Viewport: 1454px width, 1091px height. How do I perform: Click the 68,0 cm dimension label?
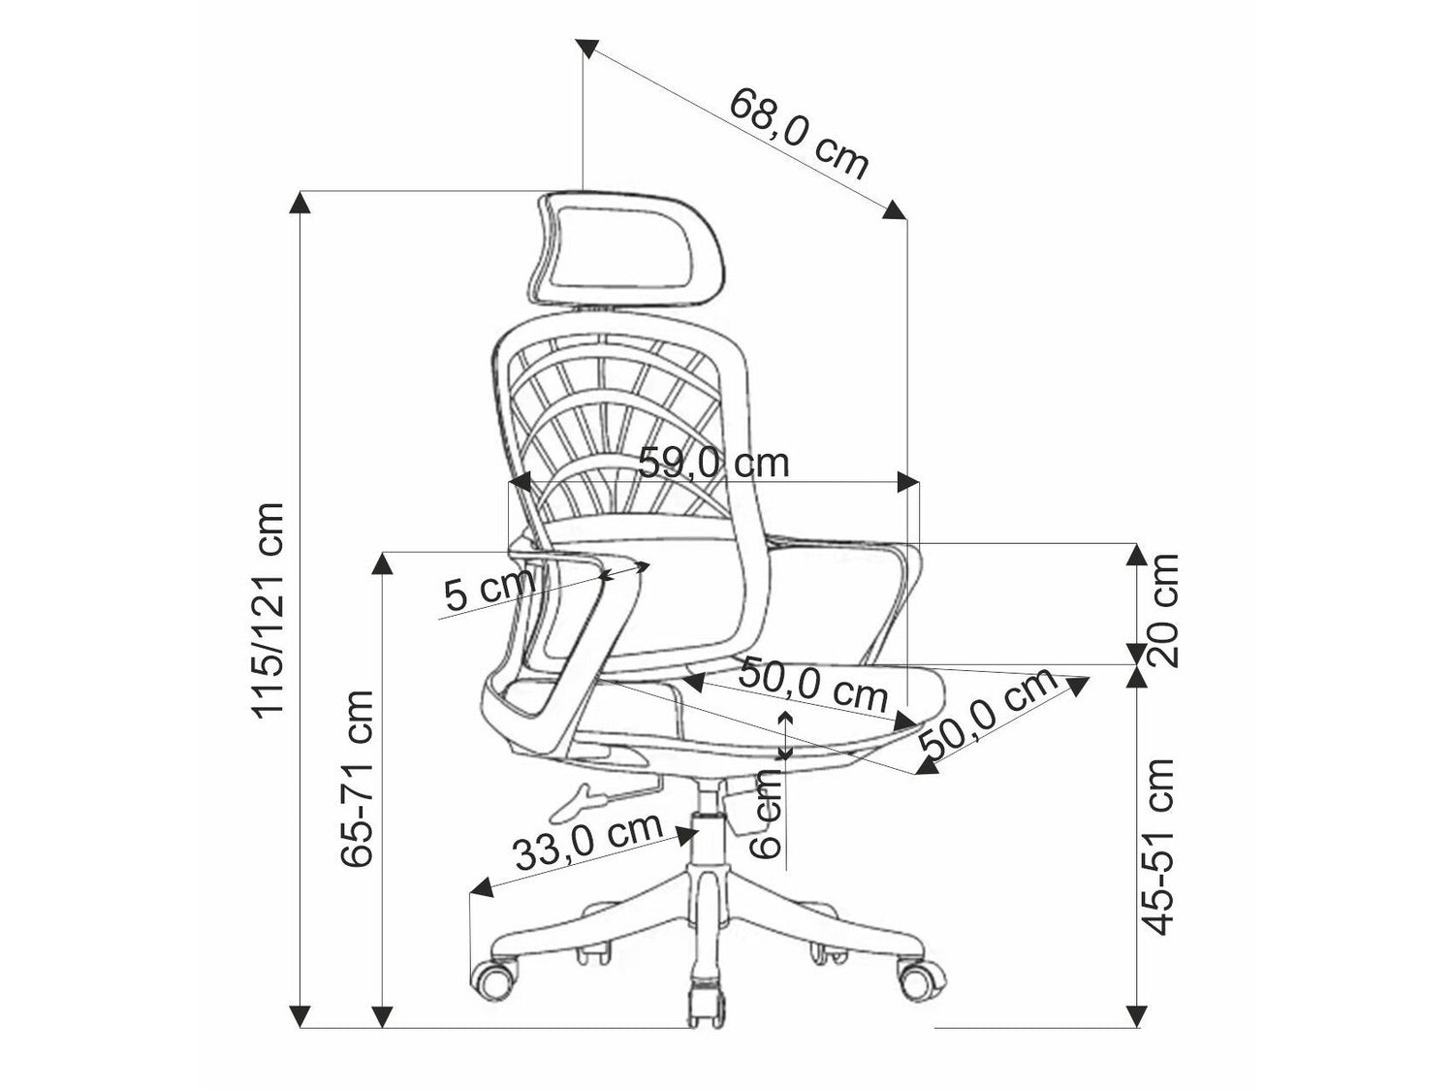[798, 134]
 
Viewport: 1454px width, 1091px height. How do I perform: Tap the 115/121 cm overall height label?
[268, 609]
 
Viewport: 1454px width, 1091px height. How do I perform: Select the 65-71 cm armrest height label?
[357, 779]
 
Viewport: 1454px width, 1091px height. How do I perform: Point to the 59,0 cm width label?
[713, 463]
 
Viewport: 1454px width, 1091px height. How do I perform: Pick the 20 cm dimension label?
[1163, 610]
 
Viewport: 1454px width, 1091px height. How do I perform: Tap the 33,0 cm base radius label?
[588, 840]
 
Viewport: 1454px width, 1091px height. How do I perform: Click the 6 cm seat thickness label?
[767, 815]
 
